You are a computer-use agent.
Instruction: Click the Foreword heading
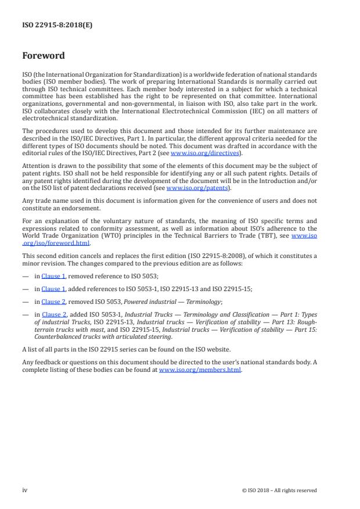tap(43, 56)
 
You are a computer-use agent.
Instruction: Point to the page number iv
tap(25, 490)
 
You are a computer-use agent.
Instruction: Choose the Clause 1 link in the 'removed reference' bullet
tap(53, 277)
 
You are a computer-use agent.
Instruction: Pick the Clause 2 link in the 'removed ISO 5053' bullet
tap(53, 302)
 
